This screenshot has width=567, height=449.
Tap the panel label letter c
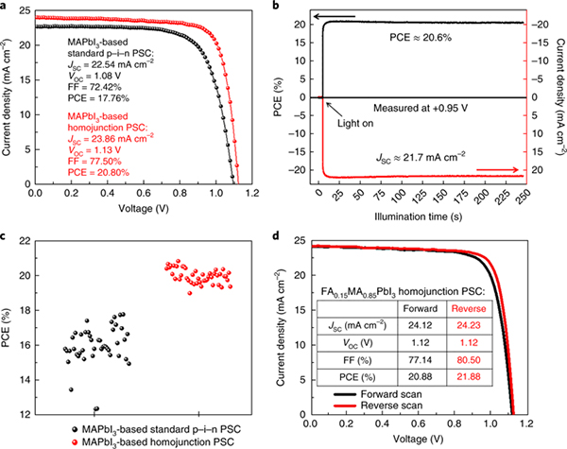tap(5, 235)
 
